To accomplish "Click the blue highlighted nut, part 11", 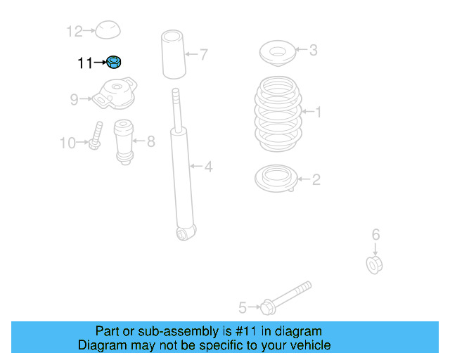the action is (x=114, y=62).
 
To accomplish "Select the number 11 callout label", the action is (x=85, y=63).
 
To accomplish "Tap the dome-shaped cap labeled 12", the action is (x=108, y=30).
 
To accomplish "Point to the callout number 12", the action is (x=75, y=31).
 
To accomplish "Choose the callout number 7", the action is (x=203, y=54).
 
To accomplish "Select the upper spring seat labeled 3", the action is (x=277, y=53).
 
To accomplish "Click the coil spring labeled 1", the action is (x=278, y=114).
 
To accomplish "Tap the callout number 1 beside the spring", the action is (x=318, y=112).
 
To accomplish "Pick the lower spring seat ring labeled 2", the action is (x=276, y=179).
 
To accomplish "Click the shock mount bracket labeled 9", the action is (x=115, y=93).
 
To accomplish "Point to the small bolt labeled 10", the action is (x=96, y=136).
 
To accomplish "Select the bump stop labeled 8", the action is (x=124, y=142).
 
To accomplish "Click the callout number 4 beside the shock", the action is (x=208, y=167).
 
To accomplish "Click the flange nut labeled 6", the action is (x=374, y=264).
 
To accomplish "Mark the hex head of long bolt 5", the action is (x=268, y=307).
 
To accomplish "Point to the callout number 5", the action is (x=243, y=308).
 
